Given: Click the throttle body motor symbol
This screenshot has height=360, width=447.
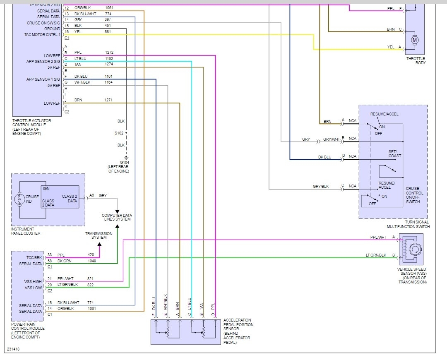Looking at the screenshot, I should click(415, 40).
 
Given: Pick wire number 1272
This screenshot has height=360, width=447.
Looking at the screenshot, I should click(109, 53).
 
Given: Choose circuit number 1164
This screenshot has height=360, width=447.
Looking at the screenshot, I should click(109, 82).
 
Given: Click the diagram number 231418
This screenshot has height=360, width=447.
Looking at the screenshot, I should click(13, 349).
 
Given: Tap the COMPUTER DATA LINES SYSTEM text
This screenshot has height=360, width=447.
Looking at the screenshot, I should click(117, 217).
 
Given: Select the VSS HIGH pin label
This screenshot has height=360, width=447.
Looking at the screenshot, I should click(33, 281).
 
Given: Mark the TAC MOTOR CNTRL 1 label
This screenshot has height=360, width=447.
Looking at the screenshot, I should click(42, 34).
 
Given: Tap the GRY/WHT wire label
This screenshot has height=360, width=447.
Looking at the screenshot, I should click(332, 139).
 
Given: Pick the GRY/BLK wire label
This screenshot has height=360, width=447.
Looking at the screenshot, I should click(321, 187).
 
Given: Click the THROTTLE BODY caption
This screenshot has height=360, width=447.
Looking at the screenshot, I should click(416, 61).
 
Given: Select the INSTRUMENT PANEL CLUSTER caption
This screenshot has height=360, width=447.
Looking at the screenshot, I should click(26, 231).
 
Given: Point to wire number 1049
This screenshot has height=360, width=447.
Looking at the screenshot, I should click(92, 261).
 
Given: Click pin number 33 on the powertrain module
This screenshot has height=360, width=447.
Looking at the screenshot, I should click(50, 255).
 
